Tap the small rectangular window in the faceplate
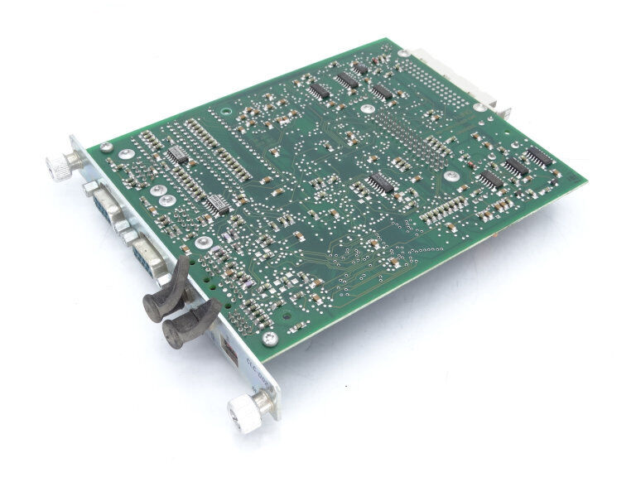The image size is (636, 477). point(229,350)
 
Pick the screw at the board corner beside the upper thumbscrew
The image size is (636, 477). point(107,147)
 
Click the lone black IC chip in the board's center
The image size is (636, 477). point(381,183)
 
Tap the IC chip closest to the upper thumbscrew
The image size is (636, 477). point(177,155)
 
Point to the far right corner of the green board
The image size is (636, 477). point(586,182)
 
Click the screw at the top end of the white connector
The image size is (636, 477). point(403,53)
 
